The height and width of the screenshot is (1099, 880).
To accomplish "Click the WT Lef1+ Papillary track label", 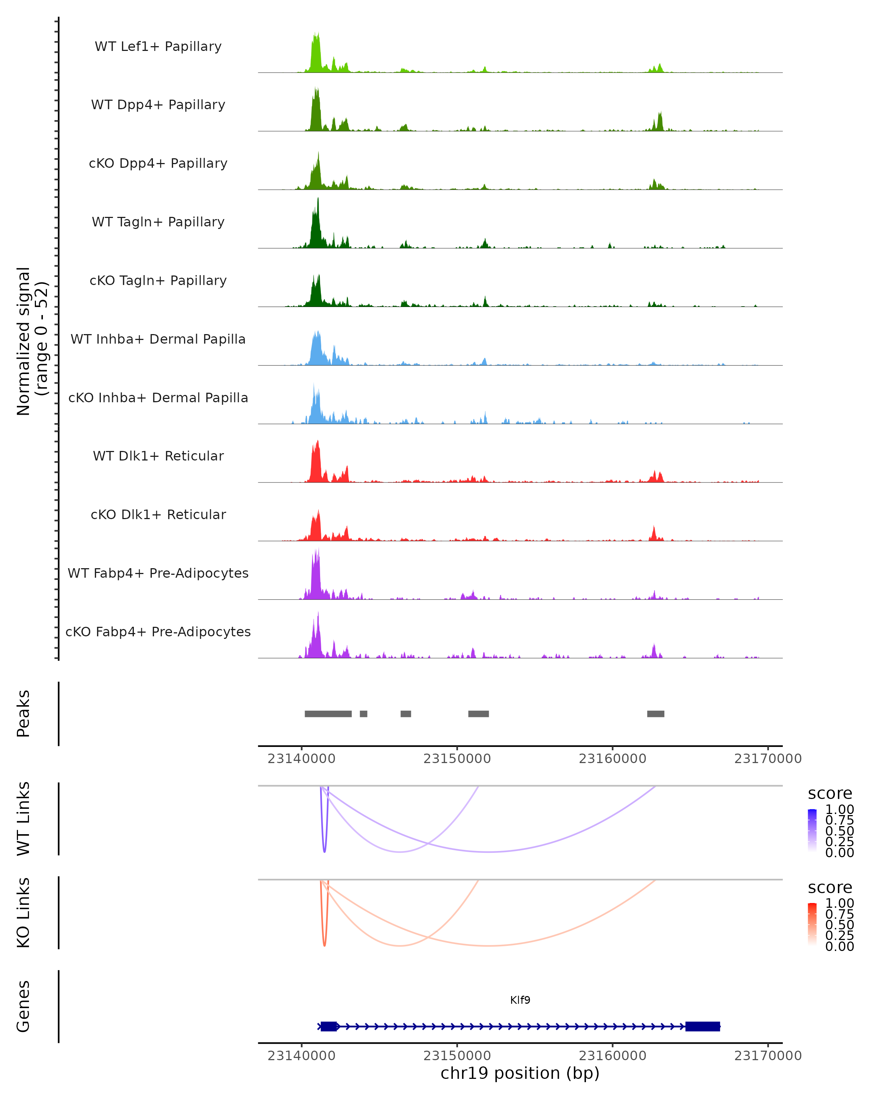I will click(x=158, y=47).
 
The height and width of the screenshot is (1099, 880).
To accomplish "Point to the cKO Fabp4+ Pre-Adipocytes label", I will click(x=158, y=632).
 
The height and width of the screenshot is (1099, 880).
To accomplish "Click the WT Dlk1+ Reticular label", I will click(x=158, y=456).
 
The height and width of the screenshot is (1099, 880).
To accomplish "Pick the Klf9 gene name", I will click(x=520, y=1000).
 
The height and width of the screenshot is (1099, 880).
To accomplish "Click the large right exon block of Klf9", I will click(x=703, y=1026).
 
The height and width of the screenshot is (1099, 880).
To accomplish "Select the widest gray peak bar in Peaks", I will click(x=328, y=714).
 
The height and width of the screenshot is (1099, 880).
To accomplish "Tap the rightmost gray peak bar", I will click(x=656, y=714).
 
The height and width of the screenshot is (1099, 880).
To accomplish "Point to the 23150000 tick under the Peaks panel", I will click(x=457, y=759).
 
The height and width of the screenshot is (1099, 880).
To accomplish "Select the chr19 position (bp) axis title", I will click(x=520, y=1073).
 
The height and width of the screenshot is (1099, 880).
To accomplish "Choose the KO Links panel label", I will click(x=23, y=913).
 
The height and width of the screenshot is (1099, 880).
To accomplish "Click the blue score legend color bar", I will click(x=812, y=830).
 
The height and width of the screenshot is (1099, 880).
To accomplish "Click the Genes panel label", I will click(x=23, y=1006).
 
